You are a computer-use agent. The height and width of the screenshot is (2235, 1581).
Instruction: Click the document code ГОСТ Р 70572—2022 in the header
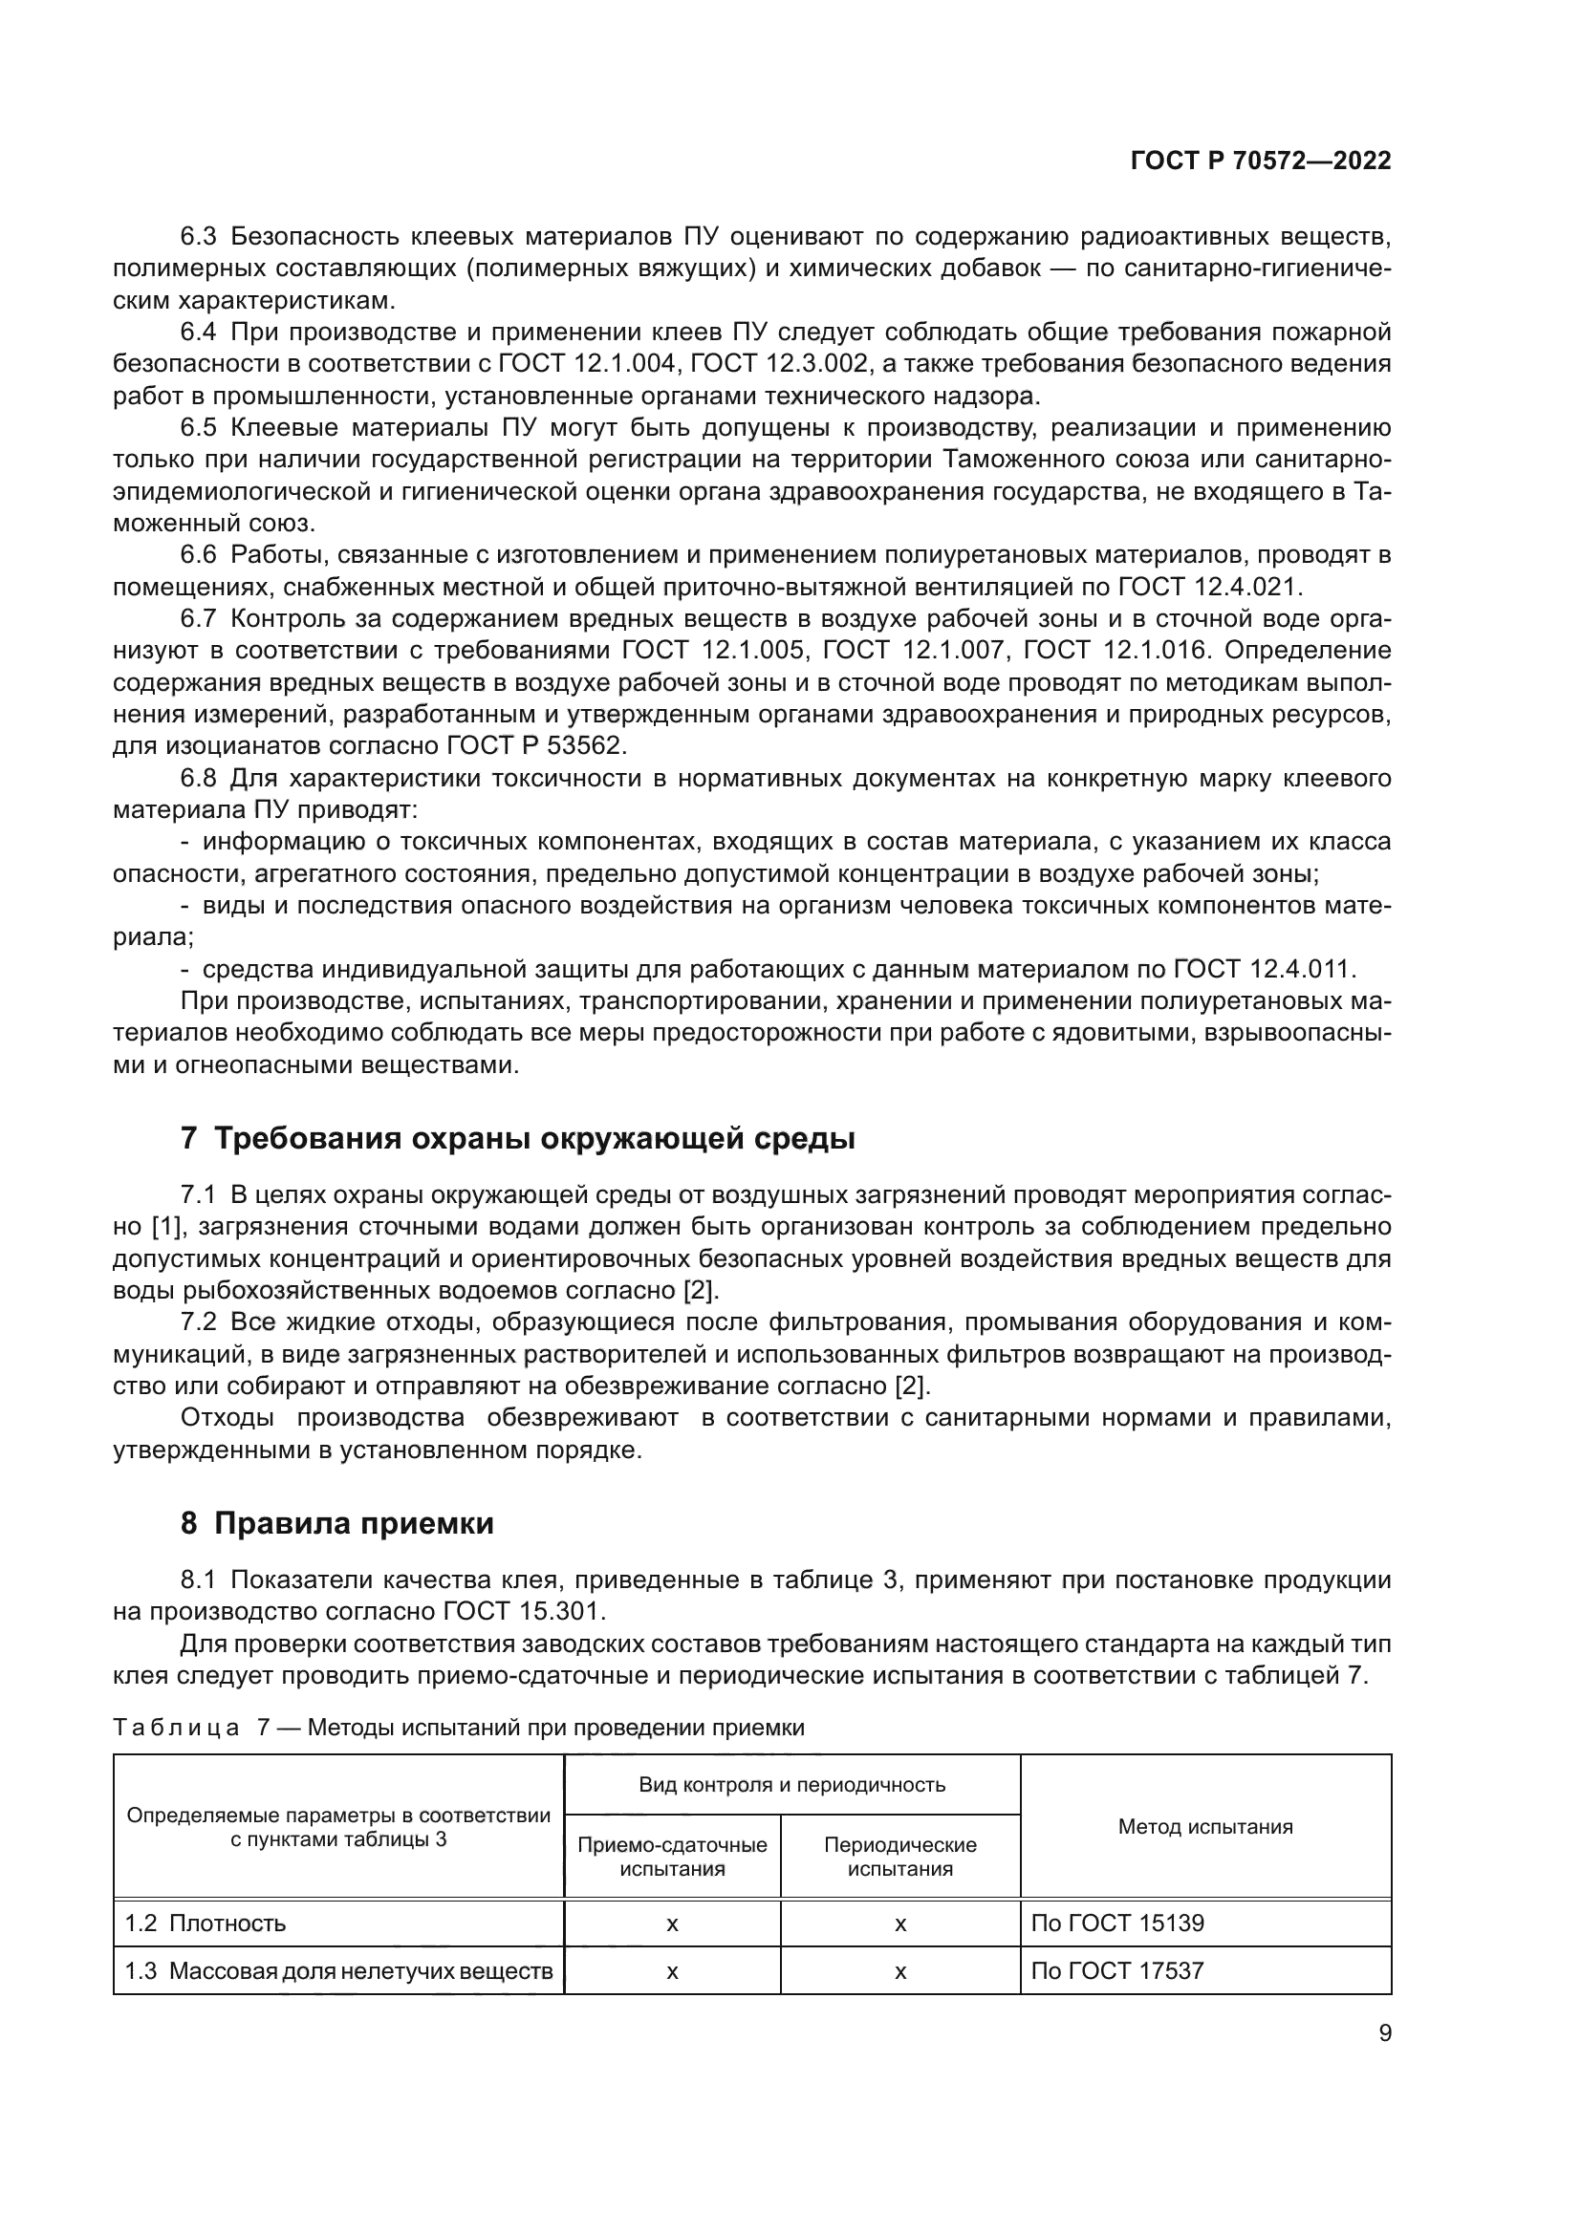[1260, 161]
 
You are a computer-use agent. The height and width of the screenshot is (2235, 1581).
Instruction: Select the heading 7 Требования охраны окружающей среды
[518, 1137]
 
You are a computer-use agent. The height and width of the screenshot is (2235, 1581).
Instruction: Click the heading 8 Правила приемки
[336, 1523]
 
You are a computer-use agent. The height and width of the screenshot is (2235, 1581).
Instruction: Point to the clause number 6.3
[199, 237]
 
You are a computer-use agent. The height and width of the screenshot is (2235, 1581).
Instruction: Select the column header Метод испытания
[1204, 1826]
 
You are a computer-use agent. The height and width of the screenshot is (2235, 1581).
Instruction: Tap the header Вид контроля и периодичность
[791, 1784]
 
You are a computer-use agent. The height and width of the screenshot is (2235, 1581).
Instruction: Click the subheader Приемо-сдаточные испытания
[672, 1857]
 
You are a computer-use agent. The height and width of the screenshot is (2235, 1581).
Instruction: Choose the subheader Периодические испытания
[899, 1857]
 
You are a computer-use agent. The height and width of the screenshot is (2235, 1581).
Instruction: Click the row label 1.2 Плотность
[206, 1923]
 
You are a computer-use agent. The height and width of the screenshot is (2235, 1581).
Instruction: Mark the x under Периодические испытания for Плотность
[900, 1923]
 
